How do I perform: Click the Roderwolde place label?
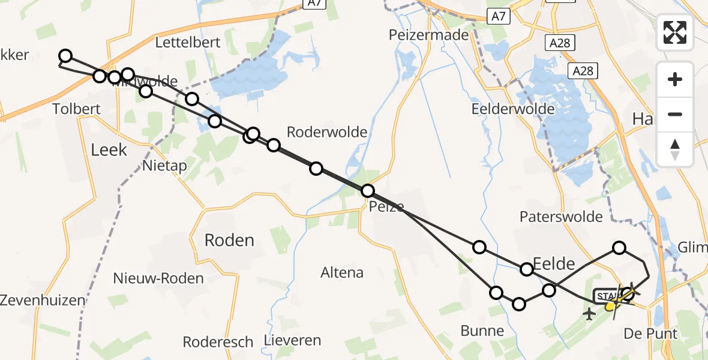point(327,132)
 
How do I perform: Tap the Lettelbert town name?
point(188,43)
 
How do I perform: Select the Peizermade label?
point(428,35)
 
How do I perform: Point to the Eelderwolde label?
point(512,109)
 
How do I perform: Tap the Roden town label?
point(229,241)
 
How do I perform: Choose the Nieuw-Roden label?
point(158,278)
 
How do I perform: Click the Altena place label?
point(342,272)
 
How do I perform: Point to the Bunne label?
point(482,331)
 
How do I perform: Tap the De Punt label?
point(650,334)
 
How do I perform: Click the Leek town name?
point(109,149)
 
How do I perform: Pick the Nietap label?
point(165,166)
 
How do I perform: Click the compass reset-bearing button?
point(675,149)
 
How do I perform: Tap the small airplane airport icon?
point(590,313)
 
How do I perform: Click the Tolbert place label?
point(76,109)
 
